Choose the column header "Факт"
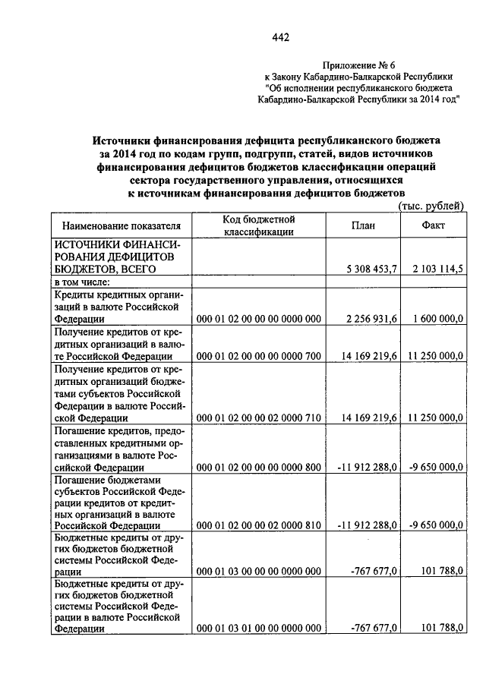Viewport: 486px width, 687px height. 433,225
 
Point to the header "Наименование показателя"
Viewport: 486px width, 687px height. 121,226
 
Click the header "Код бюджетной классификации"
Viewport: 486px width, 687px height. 259,225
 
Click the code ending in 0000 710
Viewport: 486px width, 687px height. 259,417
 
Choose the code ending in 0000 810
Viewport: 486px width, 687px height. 259,525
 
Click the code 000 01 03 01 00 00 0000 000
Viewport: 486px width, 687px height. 259,629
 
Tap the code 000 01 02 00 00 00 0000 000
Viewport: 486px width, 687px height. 259,320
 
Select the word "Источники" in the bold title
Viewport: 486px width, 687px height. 125,140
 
